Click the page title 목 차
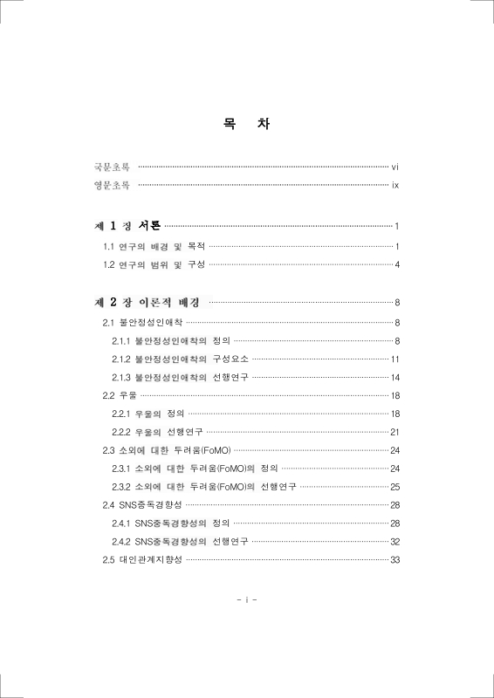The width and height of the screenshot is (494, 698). (246, 124)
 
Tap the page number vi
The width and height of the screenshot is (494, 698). (395, 166)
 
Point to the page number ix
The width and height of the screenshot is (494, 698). (395, 185)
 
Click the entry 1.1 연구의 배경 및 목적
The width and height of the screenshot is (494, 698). (154, 247)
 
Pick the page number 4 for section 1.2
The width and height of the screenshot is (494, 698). (397, 264)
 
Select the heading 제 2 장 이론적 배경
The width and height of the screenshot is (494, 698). (148, 303)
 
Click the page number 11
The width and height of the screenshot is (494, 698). (395, 359)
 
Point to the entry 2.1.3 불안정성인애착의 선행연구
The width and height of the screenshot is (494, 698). (180, 378)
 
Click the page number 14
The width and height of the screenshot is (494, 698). (395, 378)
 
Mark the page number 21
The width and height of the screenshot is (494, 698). (395, 432)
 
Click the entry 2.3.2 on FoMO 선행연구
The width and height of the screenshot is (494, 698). (203, 487)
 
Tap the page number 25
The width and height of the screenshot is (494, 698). (395, 487)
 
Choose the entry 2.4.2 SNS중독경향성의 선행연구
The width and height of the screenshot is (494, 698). (179, 541)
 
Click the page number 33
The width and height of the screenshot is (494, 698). (395, 559)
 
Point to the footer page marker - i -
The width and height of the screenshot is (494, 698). (247, 600)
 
